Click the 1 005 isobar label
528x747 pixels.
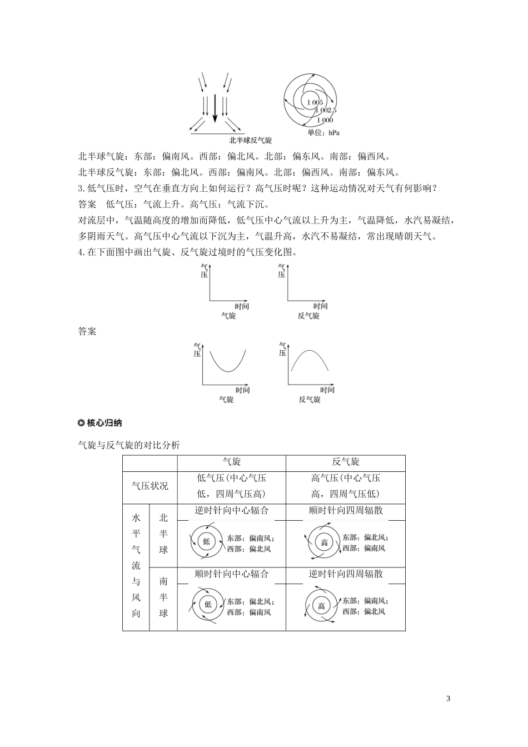click(314, 102)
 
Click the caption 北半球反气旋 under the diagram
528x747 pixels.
click(251, 141)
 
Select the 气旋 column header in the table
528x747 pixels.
click(232, 462)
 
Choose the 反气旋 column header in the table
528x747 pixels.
click(346, 462)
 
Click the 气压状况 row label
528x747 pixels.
click(150, 486)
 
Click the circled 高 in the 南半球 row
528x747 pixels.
click(321, 606)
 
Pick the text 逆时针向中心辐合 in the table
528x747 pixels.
click(232, 510)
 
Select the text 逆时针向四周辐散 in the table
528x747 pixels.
click(346, 574)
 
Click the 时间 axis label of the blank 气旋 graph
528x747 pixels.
click(241, 306)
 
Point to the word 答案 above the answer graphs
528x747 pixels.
click(87, 332)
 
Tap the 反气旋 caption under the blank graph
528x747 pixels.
click(308, 316)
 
